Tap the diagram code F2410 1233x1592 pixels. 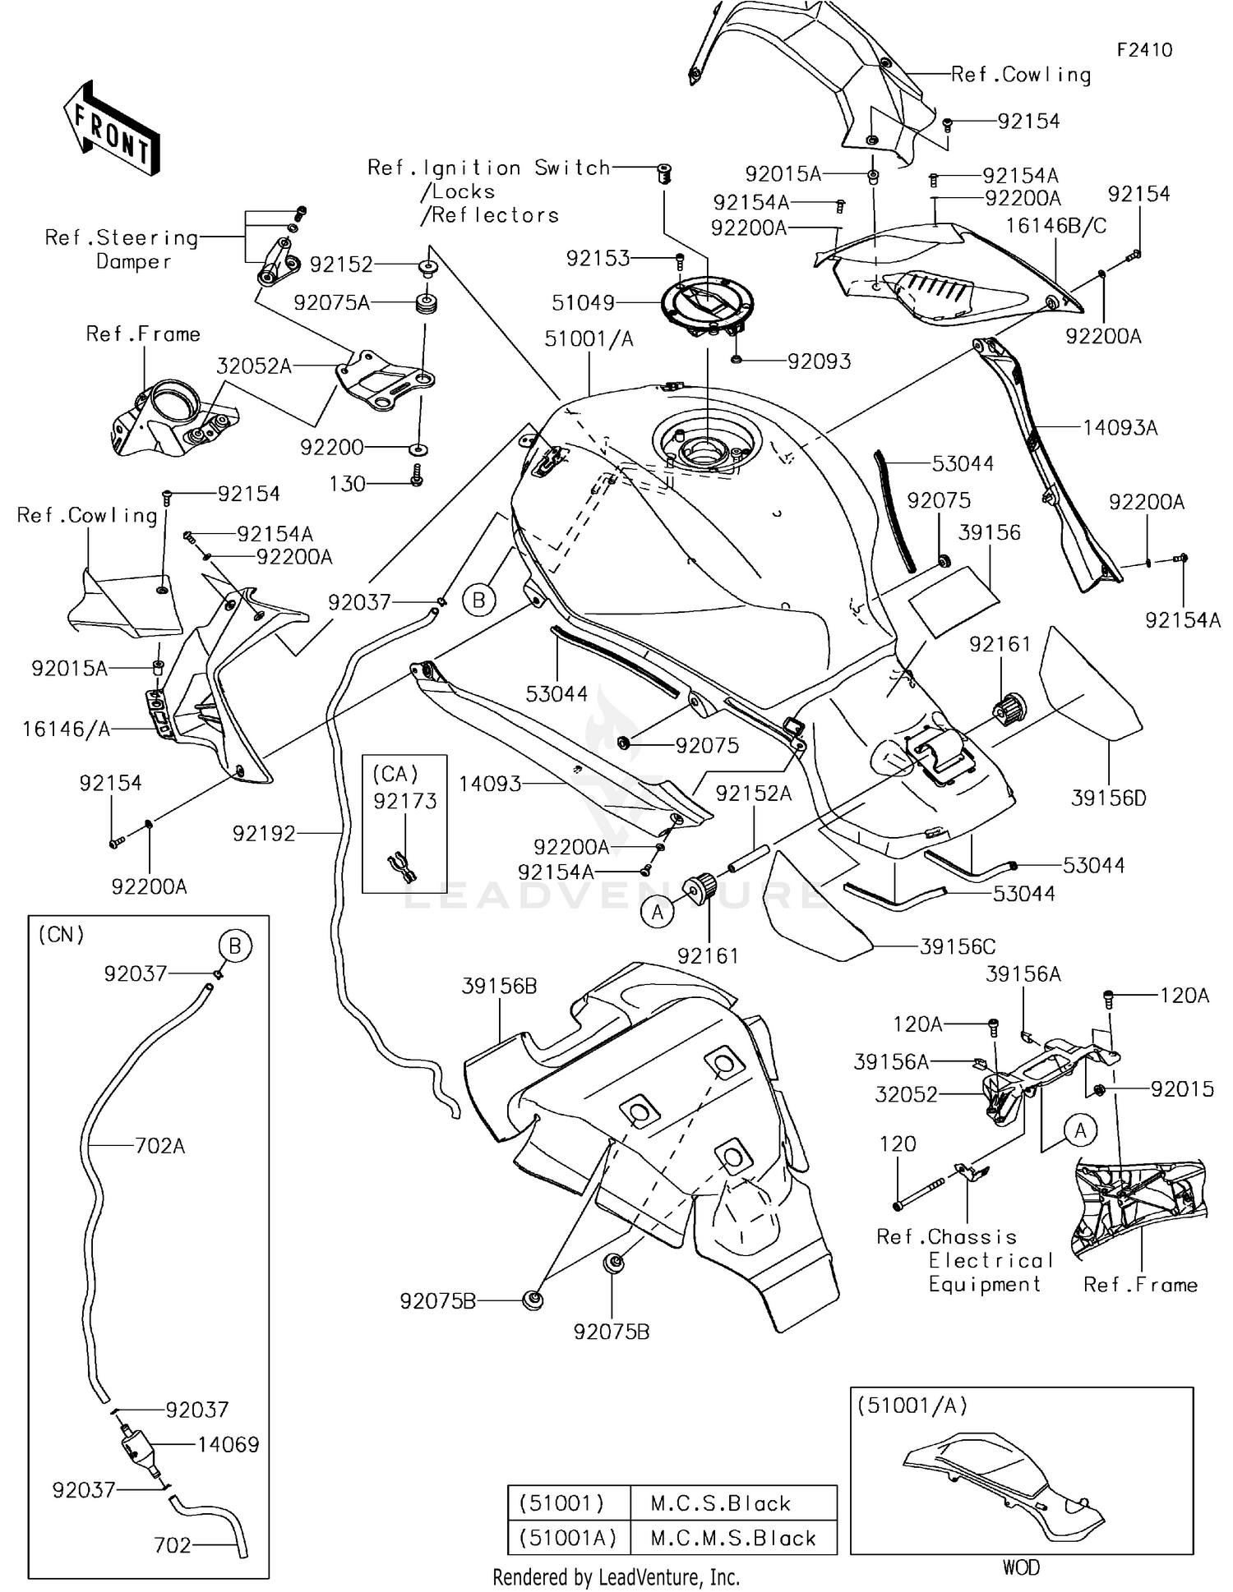tap(1144, 50)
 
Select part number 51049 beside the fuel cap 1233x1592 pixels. tap(583, 302)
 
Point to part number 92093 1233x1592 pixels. tap(819, 361)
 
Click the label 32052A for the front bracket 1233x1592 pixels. tap(254, 366)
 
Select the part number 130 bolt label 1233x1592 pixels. tap(347, 484)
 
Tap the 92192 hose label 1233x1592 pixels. tap(263, 834)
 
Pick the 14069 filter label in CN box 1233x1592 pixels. tap(228, 1445)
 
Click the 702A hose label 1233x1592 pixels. tap(159, 1145)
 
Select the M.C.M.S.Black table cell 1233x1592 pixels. tap(733, 1538)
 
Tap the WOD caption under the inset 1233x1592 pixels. tap(1021, 1567)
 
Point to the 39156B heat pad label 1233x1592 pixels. tap(499, 986)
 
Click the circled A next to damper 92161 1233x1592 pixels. tap(657, 913)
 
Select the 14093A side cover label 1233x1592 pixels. tap(1120, 427)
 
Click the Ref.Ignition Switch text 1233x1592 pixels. tap(488, 168)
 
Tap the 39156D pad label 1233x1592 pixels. tap(1108, 798)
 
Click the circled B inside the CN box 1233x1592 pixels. tap(234, 946)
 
